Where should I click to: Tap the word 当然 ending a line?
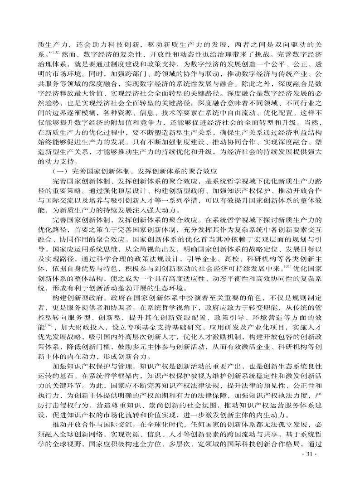[314, 124]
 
